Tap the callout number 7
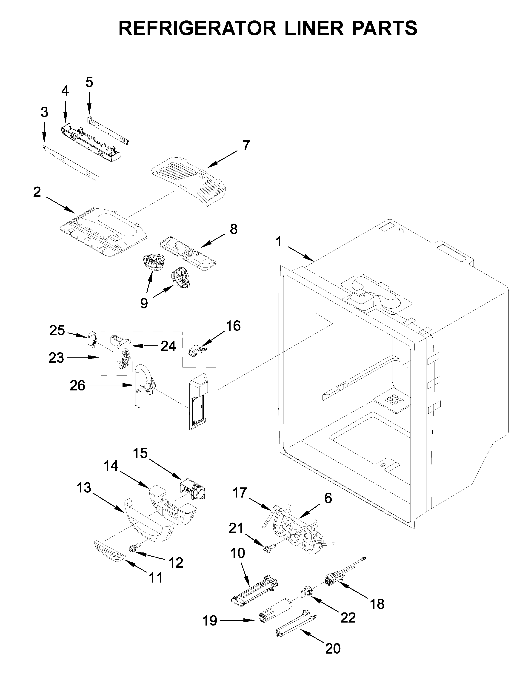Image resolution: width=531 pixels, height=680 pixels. click(x=246, y=145)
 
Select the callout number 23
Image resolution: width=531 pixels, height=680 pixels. click(x=56, y=358)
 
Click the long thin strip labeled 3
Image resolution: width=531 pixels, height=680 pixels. click(x=71, y=164)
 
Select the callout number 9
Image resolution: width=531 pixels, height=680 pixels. click(x=144, y=303)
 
